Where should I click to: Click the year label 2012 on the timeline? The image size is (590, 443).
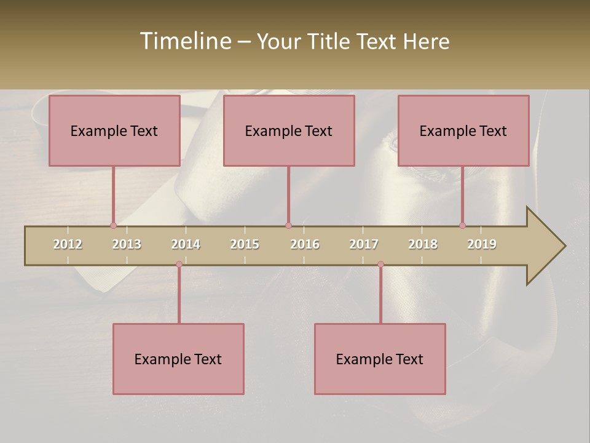pos(68,244)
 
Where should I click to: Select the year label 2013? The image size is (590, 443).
pos(127,244)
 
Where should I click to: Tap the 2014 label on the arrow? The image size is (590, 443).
pos(186,244)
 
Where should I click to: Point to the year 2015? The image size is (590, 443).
pos(245,244)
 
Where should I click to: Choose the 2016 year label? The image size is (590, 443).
pos(305,244)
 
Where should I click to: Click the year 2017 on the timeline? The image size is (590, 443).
pos(364,244)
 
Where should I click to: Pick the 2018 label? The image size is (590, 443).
pos(423,244)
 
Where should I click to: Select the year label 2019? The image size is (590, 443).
pos(482,244)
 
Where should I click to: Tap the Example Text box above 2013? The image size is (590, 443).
pos(114,131)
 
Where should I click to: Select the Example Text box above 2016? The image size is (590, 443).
pos(289,131)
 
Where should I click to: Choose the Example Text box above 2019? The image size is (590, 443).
pos(463,131)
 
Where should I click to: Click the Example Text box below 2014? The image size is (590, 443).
pos(178,359)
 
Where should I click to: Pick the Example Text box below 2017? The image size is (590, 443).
pos(380,359)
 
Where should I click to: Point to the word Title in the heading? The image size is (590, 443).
pos(330,41)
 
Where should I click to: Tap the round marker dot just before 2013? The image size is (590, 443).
pos(113,225)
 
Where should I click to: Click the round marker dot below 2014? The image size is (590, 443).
pos(179,264)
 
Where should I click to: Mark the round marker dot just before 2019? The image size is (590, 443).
pos(462,225)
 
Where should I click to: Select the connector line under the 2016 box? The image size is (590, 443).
pos(288,196)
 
